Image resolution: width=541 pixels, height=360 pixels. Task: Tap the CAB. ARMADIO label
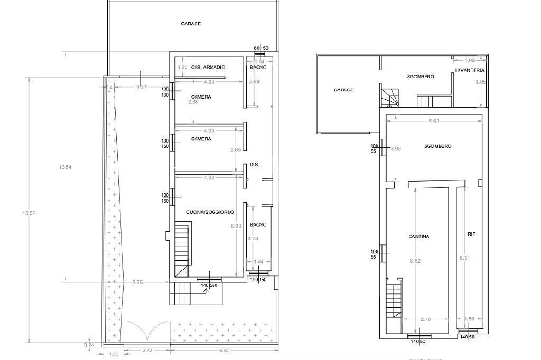(208, 68)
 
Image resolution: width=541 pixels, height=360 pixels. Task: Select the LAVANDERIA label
(470, 70)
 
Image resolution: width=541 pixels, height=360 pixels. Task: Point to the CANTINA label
(419, 236)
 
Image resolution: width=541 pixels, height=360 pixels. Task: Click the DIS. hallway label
(254, 165)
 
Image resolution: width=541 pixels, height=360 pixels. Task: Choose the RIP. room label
(471, 233)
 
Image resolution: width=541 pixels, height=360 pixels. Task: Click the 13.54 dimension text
(66, 167)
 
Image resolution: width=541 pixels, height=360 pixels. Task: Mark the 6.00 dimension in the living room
(236, 226)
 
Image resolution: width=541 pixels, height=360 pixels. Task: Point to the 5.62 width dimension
(434, 121)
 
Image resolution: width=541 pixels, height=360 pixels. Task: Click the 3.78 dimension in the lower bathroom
(254, 239)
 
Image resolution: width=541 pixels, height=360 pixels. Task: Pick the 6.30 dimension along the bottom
(224, 350)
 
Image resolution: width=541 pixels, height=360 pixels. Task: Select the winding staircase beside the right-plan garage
(390, 97)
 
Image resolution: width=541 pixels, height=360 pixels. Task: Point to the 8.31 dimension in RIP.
(465, 258)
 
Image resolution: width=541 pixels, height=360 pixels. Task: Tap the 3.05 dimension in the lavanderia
(480, 82)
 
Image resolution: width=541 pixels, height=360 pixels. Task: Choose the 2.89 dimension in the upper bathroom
(254, 82)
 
